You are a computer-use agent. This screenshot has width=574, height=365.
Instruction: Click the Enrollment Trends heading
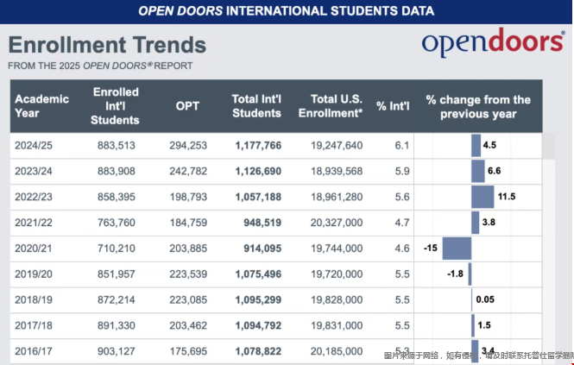(x=107, y=45)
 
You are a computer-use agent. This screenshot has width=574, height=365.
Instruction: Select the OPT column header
(x=187, y=106)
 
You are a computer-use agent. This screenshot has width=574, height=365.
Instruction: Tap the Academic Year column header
(x=41, y=106)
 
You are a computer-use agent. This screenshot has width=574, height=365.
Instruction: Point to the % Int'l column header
(x=394, y=106)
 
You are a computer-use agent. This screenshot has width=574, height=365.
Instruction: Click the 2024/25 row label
(x=35, y=145)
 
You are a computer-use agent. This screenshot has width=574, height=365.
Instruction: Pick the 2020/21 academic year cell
(x=35, y=249)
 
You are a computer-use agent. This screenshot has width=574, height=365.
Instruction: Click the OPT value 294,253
(x=186, y=145)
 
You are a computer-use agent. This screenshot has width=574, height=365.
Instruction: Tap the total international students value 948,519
(x=257, y=223)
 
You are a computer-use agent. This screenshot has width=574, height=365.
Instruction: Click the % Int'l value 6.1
(x=401, y=145)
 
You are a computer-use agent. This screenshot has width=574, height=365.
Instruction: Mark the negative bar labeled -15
(x=456, y=249)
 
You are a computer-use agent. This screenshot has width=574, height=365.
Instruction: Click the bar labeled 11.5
(x=483, y=197)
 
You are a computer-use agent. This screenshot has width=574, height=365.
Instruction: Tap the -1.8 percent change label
(x=456, y=274)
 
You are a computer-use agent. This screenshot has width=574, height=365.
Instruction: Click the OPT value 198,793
(x=186, y=197)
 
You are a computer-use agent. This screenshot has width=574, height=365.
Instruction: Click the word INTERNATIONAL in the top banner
(x=268, y=11)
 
